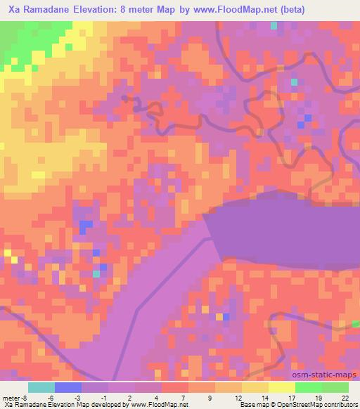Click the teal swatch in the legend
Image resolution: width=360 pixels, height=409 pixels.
tap(41, 387)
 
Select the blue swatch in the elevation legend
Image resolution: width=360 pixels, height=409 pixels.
tap(68, 387)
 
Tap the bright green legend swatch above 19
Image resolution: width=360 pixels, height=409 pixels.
tap(309, 387)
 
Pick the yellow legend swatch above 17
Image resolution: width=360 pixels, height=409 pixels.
tap(282, 387)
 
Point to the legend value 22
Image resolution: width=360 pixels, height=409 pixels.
tap(345, 397)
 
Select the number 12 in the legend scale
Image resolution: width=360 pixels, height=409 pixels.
tap(238, 397)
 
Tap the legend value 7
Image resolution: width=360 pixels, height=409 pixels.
tap(185, 397)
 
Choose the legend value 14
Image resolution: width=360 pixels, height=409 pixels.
tap(265, 397)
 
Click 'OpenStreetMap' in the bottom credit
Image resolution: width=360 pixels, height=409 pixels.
tap(296, 405)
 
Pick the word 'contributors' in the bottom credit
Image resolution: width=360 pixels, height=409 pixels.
tap(341, 405)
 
